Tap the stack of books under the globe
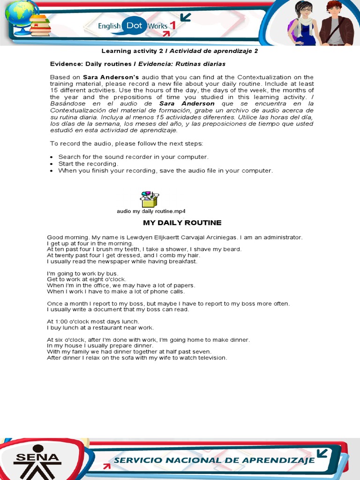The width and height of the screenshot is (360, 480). click(x=40, y=26)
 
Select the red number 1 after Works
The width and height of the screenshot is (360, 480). click(x=172, y=26)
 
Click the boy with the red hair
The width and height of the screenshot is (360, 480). click(x=336, y=23)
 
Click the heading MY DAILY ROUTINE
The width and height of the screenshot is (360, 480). click(x=182, y=223)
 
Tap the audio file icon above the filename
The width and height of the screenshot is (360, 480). click(x=150, y=199)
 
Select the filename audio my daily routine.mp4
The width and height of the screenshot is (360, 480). click(x=151, y=211)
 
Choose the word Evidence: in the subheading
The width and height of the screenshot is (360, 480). click(x=66, y=64)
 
